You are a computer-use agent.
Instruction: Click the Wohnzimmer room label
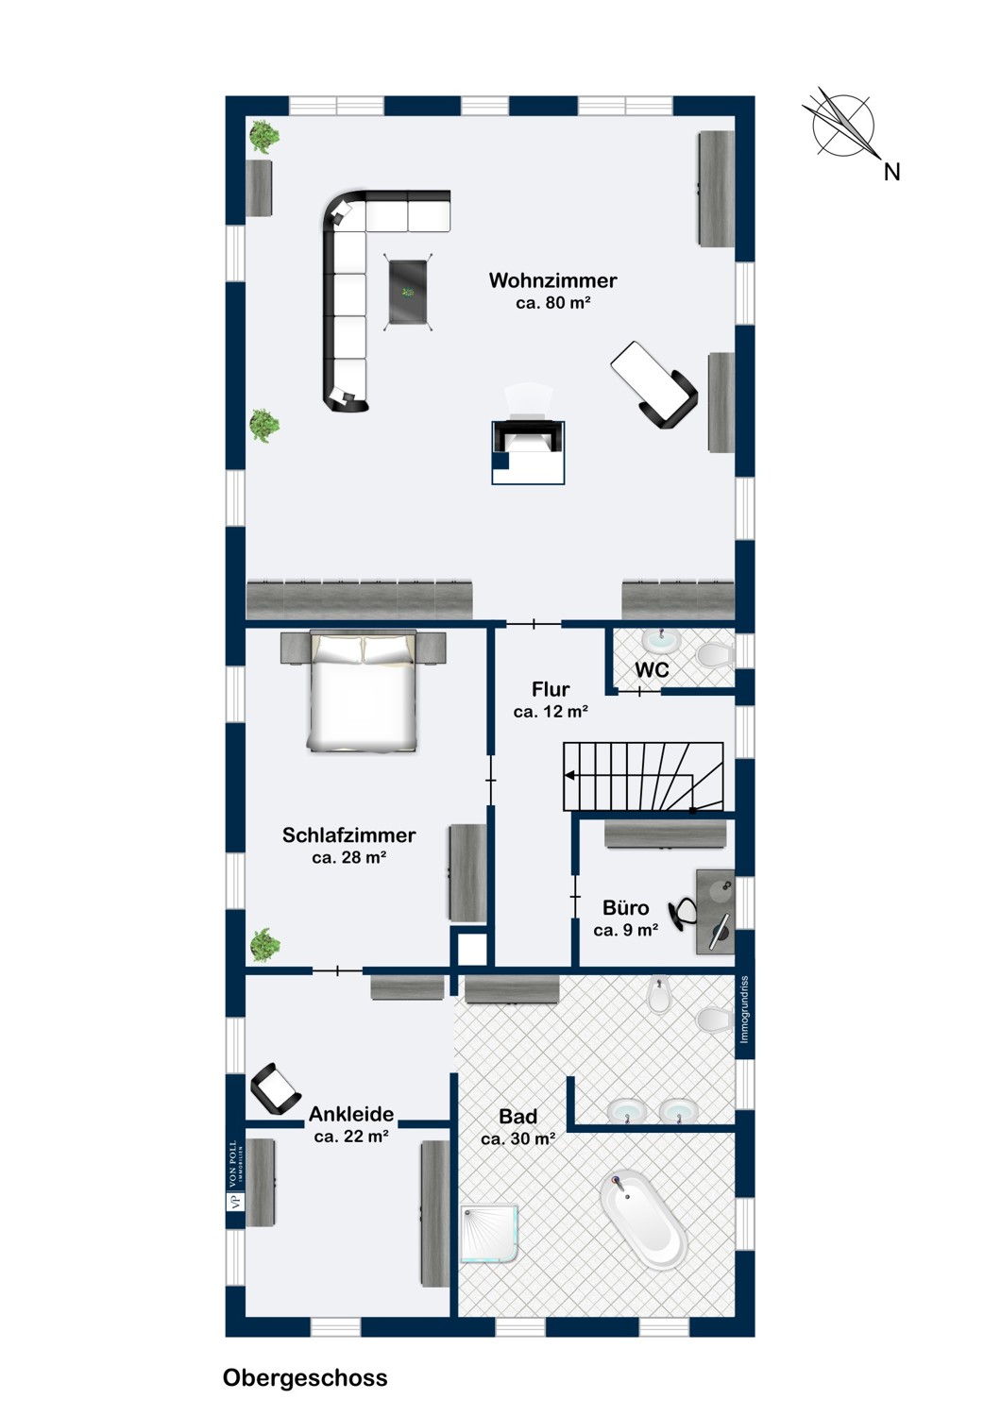tap(552, 280)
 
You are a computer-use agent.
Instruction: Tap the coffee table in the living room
tap(408, 292)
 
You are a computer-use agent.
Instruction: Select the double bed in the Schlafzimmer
tap(363, 692)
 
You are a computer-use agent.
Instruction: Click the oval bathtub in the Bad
tap(643, 1222)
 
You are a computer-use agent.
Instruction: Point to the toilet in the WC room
tap(716, 654)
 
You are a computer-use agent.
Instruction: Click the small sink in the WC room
tap(661, 640)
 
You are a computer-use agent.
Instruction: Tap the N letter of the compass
tap(891, 172)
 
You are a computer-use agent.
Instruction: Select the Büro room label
tap(625, 908)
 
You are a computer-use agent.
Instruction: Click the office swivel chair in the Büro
tap(683, 914)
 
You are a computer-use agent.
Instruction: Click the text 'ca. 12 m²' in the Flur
tap(551, 712)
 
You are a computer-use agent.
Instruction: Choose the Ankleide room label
tap(351, 1114)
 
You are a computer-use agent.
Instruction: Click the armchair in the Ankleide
tap(275, 1088)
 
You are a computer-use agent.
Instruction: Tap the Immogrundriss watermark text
tap(744, 1009)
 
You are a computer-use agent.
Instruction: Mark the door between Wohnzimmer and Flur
tap(534, 625)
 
